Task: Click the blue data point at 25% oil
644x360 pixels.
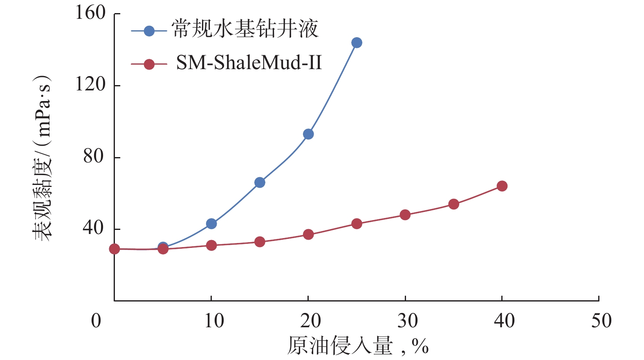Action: [357, 43]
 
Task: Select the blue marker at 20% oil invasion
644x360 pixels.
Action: [308, 134]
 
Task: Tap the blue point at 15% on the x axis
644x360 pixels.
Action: [260, 182]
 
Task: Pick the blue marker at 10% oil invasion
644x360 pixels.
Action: [211, 224]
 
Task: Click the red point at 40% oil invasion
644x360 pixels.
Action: [502, 186]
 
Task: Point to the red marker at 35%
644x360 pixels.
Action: [453, 204]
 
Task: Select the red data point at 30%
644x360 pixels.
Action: [405, 215]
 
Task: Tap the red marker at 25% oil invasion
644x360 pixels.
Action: [357, 224]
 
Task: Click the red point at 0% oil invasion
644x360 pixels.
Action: [114, 249]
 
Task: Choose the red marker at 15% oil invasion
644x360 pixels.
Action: [260, 242]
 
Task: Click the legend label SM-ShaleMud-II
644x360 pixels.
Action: [249, 63]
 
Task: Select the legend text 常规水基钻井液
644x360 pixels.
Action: [245, 29]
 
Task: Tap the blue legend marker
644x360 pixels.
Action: [149, 31]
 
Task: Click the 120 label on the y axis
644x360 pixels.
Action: [91, 85]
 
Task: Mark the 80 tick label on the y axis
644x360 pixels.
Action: [94, 156]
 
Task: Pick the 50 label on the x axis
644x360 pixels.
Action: [601, 321]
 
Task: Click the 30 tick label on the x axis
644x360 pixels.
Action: [407, 321]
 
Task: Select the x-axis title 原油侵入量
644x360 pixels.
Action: [340, 346]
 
